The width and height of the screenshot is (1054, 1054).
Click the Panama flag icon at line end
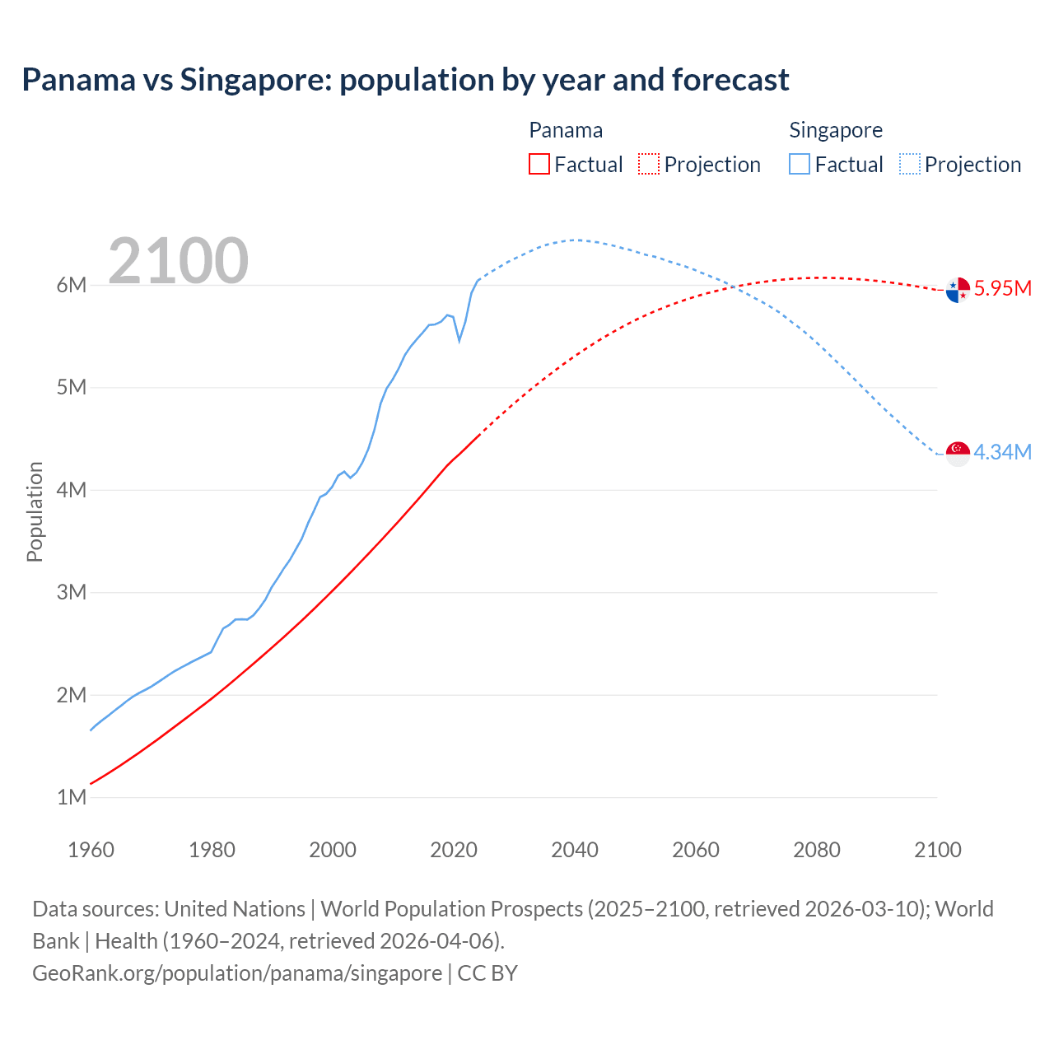point(958,290)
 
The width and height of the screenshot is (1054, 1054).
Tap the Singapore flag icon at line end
point(958,453)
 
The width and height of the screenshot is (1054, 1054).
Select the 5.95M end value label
point(1002,288)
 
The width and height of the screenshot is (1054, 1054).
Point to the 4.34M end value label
point(1002,452)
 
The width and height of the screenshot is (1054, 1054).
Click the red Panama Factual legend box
point(539,164)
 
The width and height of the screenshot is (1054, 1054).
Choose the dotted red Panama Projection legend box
point(649,164)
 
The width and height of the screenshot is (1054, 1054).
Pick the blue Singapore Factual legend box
point(800,164)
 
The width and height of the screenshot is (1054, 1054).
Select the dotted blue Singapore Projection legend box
point(910,164)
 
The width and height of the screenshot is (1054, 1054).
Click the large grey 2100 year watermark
point(178,261)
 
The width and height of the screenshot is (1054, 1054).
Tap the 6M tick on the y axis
point(72,285)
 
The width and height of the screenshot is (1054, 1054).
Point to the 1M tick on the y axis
point(72,797)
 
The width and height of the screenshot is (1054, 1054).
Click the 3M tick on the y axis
point(72,592)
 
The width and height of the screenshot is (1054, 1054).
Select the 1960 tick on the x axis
point(91,850)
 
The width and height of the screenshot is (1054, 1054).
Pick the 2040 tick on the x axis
point(575,850)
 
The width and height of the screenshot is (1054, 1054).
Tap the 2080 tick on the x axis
point(817,850)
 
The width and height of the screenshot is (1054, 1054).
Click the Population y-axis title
point(35,511)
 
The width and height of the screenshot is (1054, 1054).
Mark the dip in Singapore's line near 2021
point(459,340)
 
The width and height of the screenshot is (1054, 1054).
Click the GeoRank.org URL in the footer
point(237,972)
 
